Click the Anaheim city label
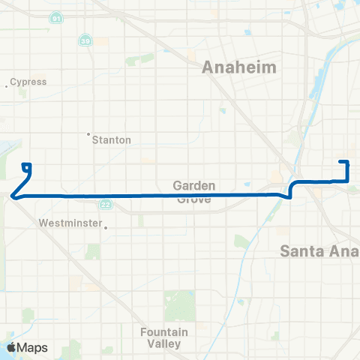239,67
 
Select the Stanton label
112,139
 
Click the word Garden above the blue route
194,185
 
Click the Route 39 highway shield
86,41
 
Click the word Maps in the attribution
34,348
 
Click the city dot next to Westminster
106,227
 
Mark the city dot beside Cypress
7,85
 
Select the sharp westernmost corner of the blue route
13,196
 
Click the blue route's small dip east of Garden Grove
288,196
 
